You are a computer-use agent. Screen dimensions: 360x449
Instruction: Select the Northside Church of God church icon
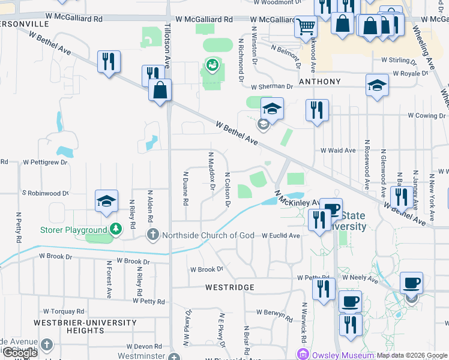(153, 235)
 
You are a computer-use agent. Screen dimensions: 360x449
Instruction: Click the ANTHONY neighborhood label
(320, 82)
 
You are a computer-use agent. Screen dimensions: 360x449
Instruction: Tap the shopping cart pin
(306, 26)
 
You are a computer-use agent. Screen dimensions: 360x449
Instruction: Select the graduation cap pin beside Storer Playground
(106, 201)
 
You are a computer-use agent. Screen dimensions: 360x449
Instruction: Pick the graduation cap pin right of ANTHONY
(376, 85)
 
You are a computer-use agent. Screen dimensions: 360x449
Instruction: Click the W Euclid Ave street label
(280, 236)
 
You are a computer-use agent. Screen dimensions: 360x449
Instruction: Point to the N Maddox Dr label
(211, 170)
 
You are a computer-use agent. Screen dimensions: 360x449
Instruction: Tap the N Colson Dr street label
(228, 188)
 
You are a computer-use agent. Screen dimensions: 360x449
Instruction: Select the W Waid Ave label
(339, 151)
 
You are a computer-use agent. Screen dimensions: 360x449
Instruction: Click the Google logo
(20, 353)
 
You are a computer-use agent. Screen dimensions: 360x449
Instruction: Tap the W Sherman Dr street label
(272, 86)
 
